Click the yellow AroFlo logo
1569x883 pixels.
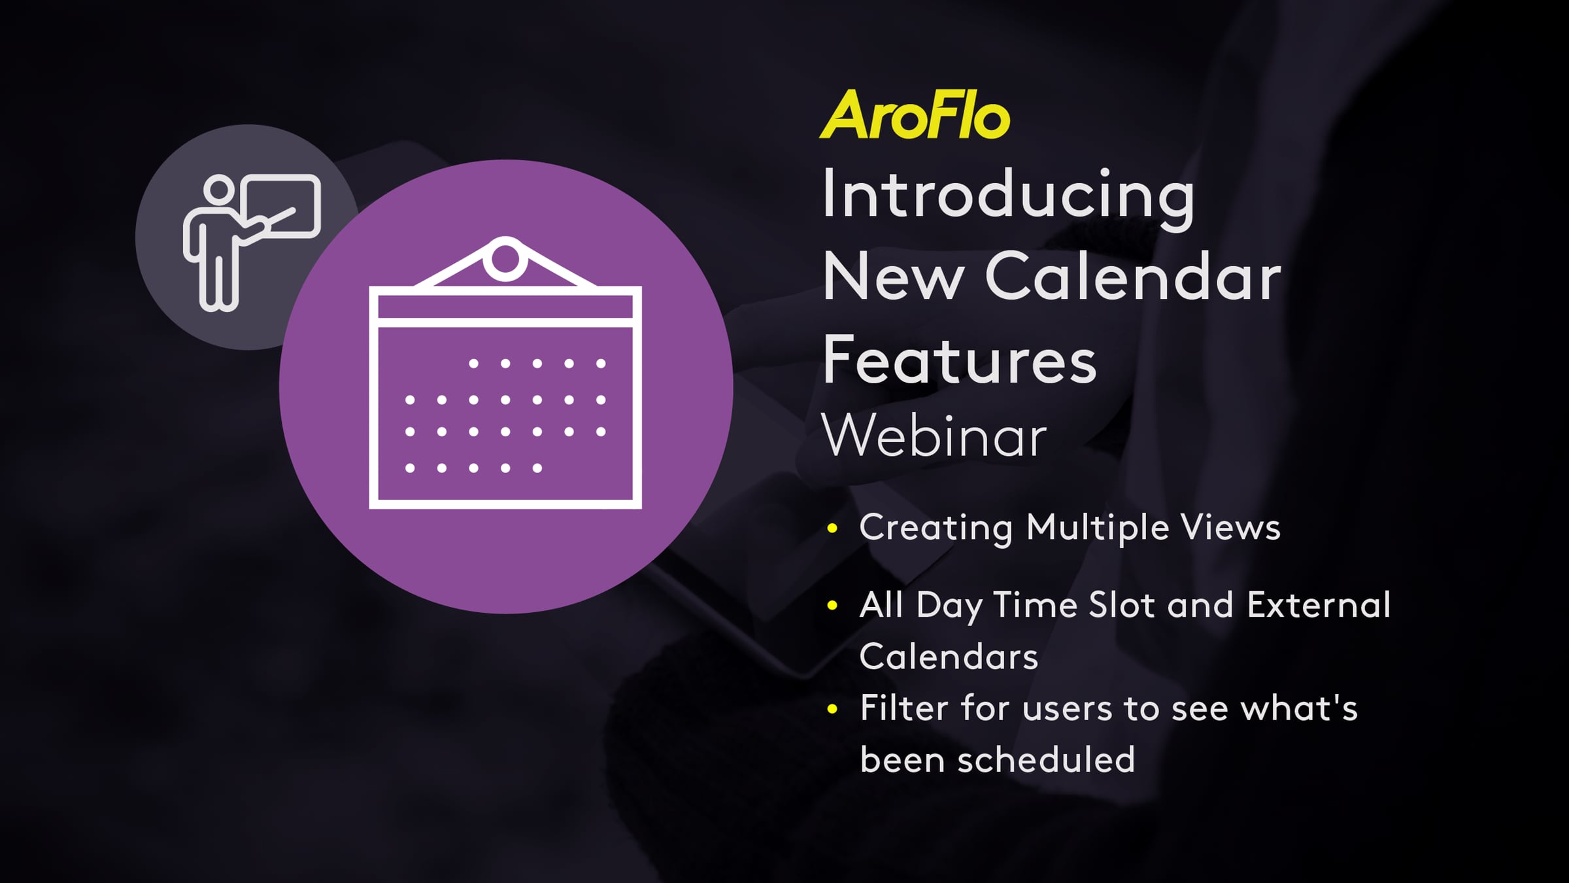[x=915, y=115]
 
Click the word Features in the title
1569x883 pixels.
[x=959, y=359]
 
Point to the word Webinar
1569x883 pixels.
[x=935, y=436]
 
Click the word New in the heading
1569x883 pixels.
[x=894, y=277]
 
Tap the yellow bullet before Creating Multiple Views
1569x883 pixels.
[x=832, y=528]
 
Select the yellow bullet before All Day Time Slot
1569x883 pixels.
[x=832, y=606]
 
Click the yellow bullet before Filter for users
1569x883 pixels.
[x=832, y=709]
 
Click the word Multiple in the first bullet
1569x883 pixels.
[x=1098, y=528]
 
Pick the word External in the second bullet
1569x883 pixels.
[x=1319, y=605]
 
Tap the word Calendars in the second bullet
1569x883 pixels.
[x=949, y=657]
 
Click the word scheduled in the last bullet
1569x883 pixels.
[x=1046, y=760]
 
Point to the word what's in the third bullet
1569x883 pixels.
[x=1299, y=708]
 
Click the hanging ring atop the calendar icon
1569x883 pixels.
[x=505, y=259]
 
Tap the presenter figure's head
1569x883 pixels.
[x=219, y=190]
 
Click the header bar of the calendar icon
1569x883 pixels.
[x=505, y=307]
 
